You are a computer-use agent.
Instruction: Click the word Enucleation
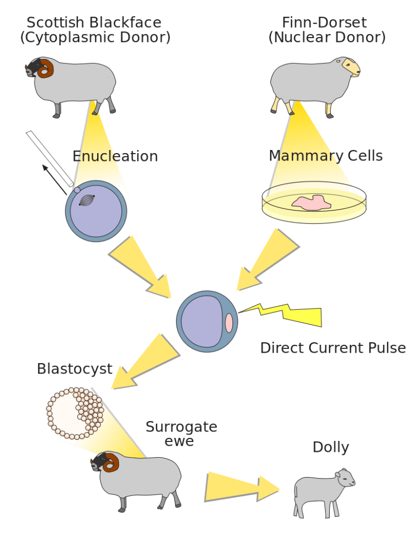click(115, 156)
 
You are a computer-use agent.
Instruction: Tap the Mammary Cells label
click(325, 156)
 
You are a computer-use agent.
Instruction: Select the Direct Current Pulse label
click(333, 347)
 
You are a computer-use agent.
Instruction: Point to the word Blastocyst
click(75, 369)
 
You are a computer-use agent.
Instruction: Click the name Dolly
click(331, 447)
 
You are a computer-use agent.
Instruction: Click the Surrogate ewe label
click(181, 434)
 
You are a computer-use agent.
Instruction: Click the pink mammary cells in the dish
click(311, 203)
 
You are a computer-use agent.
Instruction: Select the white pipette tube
click(50, 159)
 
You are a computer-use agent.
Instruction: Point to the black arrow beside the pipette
click(54, 180)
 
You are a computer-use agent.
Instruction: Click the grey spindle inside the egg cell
click(87, 200)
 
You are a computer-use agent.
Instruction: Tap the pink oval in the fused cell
click(229, 322)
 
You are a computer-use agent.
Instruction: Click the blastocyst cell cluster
click(75, 413)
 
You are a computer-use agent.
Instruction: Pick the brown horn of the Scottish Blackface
click(45, 68)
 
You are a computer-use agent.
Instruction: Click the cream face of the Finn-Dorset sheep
click(352, 67)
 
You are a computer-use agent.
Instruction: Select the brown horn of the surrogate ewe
click(112, 462)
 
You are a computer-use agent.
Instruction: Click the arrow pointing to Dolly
click(242, 487)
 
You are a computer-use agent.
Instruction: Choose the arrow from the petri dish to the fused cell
click(268, 260)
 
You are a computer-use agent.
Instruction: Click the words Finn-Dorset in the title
click(324, 22)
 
